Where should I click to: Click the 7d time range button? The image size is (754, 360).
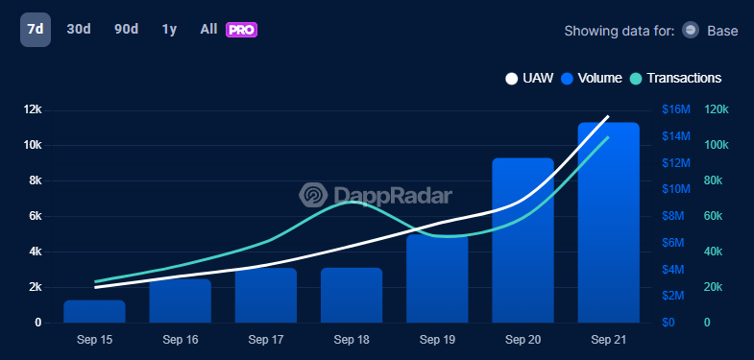coord(35,30)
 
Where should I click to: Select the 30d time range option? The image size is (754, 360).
coord(79,30)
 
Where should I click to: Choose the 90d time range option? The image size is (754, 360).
coord(126,30)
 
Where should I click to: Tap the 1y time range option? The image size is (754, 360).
coord(169,30)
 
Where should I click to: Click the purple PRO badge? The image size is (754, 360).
coord(241,30)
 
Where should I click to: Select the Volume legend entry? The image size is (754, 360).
coord(592,78)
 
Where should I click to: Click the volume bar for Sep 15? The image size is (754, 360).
coord(95,312)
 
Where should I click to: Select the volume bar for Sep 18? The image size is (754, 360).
coord(352,296)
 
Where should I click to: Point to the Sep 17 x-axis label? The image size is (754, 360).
coord(266,340)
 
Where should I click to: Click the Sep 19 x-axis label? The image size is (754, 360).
coord(437,340)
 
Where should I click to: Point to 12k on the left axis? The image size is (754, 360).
coord(33,109)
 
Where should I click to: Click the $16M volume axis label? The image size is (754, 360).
coord(676,109)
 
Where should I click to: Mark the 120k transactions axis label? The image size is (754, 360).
coord(717,109)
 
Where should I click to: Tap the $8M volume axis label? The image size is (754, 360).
coord(672,216)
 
